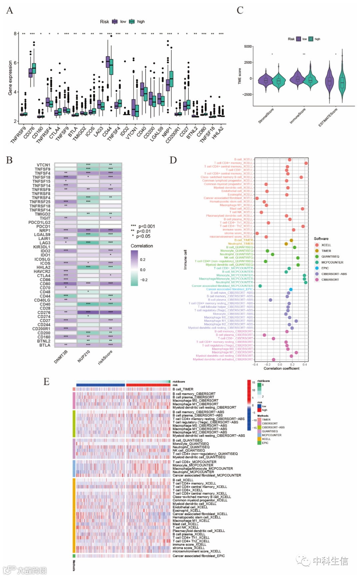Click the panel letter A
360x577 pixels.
click(x=10, y=11)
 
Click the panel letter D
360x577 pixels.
click(x=173, y=160)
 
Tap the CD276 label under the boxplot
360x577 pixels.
click(x=29, y=133)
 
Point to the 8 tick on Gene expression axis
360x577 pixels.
click(x=15, y=34)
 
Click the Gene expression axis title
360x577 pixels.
click(x=10, y=78)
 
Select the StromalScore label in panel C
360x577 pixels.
click(x=266, y=116)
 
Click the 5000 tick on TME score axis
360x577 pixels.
click(x=248, y=46)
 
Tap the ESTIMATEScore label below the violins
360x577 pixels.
click(x=328, y=117)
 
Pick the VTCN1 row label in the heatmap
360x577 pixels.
click(x=43, y=165)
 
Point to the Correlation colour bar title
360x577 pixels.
click(x=142, y=246)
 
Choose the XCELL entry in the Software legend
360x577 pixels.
click(x=326, y=245)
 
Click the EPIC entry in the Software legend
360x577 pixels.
click(x=325, y=268)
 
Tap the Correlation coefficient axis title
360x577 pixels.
click(x=281, y=368)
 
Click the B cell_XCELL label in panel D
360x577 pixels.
click(x=243, y=159)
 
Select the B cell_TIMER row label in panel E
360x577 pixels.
click(x=183, y=389)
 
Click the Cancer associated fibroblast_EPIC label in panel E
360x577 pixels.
click(x=199, y=556)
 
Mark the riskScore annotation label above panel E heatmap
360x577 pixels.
click(x=179, y=382)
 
